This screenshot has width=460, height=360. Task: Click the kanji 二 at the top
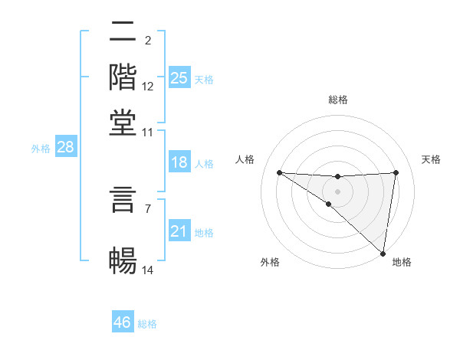tap(123, 33)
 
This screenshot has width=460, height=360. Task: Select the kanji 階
tap(123, 77)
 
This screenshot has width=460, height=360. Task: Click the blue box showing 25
tap(179, 78)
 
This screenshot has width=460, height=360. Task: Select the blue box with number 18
tap(179, 162)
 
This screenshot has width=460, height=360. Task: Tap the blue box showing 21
tap(179, 231)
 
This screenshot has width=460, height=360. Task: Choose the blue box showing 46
tap(123, 322)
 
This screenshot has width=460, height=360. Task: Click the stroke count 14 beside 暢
tap(148, 270)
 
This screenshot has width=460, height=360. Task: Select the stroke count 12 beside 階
tap(148, 87)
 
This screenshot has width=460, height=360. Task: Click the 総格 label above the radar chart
tap(337, 100)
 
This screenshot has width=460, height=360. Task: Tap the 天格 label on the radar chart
tap(432, 159)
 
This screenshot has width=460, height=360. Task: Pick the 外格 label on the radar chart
tap(269, 262)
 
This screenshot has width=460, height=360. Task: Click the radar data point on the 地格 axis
tap(383, 253)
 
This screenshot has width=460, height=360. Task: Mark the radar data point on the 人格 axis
tap(279, 172)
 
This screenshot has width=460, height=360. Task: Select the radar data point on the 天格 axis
tap(396, 172)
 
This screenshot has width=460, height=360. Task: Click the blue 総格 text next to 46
tap(147, 323)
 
